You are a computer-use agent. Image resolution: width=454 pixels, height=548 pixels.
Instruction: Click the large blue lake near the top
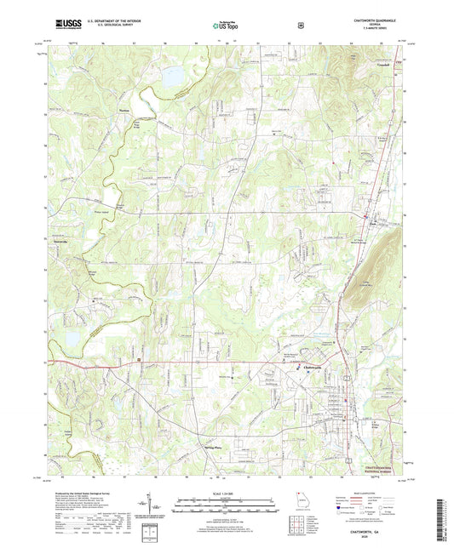click(x=175, y=77)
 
